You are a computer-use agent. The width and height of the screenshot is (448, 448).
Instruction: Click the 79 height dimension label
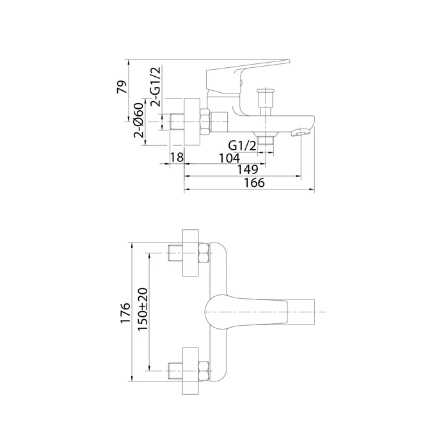tap(122, 87)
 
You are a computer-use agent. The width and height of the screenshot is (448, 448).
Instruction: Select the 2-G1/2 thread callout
tap(156, 86)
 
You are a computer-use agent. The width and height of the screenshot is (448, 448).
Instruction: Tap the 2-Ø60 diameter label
tap(139, 120)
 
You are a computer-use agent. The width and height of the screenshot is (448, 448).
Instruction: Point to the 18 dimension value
tap(177, 157)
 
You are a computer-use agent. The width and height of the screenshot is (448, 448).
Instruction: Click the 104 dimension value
tap(229, 158)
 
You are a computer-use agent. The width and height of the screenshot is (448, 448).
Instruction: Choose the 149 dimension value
tap(248, 170)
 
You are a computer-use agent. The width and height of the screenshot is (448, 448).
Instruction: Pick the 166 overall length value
tap(254, 183)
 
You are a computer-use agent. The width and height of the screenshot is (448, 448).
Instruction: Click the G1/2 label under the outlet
tap(243, 146)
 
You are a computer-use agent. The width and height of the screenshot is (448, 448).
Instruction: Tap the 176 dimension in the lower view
tap(125, 312)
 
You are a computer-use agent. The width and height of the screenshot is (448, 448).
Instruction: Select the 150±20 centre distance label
tap(143, 309)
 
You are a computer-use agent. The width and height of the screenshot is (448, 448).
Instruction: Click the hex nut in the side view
tap(205, 122)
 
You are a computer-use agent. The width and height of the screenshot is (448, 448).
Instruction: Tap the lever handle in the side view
tap(248, 78)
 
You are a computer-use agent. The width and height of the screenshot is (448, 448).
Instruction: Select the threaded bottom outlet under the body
tap(266, 140)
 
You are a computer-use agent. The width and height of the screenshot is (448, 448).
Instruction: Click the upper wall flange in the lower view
tap(191, 253)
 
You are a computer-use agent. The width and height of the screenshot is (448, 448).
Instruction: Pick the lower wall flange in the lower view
tap(191, 371)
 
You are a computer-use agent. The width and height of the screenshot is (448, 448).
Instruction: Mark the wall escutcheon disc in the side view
tap(192, 122)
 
